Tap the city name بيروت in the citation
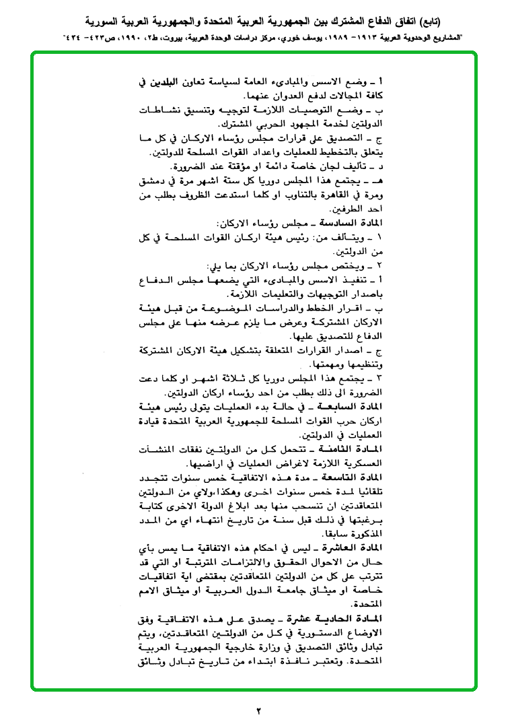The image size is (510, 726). (x=162, y=38)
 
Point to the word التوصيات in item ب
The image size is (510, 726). (x=311, y=109)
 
